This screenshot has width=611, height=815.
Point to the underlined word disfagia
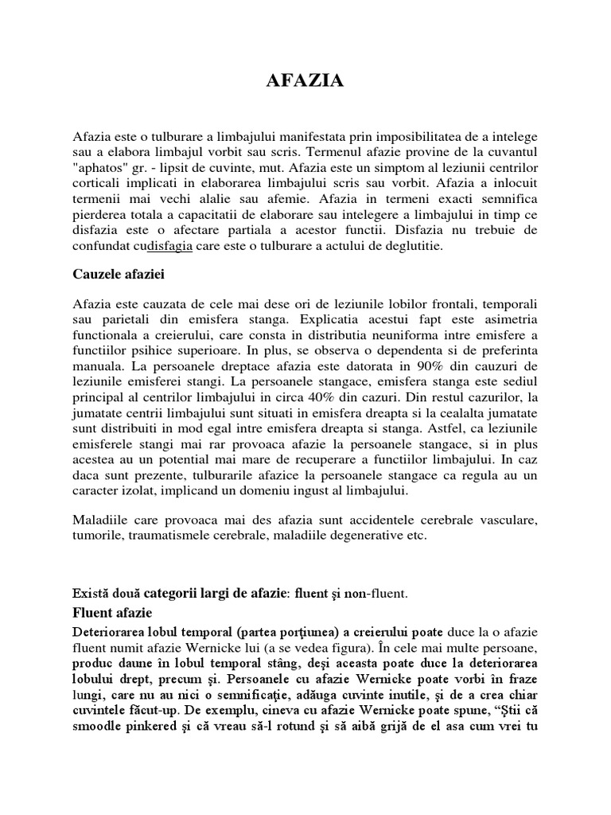pyautogui.click(x=170, y=246)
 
